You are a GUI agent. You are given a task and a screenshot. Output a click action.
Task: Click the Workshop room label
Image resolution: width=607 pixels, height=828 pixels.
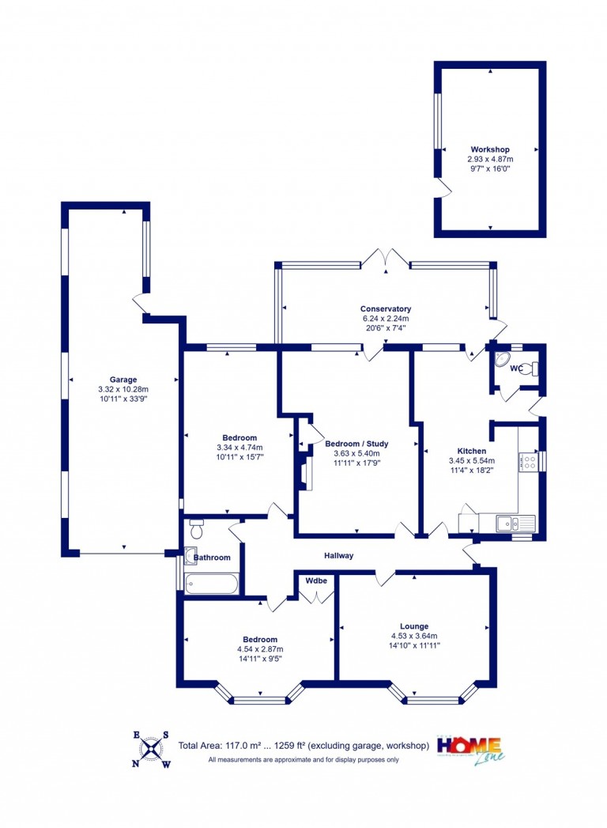490,149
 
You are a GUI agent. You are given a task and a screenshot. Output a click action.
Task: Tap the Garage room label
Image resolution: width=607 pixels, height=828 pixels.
123,379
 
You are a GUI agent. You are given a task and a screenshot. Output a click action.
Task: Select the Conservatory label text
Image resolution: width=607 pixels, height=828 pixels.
386,309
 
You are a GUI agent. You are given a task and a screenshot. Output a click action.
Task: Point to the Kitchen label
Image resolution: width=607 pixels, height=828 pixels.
471,451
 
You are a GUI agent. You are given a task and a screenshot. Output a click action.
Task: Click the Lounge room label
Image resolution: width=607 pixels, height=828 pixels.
414,626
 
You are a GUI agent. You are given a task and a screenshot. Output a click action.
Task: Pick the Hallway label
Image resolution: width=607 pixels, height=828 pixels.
338,555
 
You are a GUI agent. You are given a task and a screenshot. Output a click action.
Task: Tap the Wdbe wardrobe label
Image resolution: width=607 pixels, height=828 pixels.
316,580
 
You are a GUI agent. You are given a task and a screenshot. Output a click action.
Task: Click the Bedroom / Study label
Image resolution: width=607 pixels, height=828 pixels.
356,444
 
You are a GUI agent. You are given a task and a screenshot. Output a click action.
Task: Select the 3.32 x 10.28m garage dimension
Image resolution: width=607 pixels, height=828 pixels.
123,389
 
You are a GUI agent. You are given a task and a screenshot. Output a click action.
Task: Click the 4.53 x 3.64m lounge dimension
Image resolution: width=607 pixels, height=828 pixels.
414,637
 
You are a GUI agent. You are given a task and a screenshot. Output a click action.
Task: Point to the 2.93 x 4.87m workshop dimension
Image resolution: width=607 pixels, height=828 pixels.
490,159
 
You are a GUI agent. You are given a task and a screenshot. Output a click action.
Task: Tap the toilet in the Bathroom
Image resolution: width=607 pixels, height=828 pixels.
196,528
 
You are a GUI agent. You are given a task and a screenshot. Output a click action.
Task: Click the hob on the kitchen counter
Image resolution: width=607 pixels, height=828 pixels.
528,462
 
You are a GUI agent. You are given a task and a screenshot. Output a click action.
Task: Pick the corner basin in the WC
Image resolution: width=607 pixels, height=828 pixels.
501,359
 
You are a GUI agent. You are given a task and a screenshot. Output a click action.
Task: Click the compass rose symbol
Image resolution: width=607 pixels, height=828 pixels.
152,748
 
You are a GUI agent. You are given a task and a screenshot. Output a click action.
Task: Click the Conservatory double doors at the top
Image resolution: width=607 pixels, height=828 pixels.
386,259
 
